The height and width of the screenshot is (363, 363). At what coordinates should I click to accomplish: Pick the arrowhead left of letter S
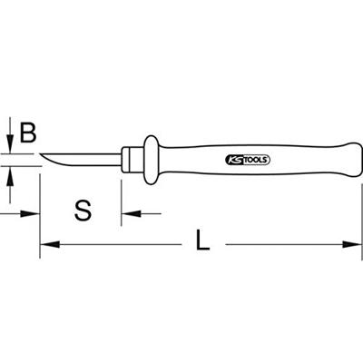[35, 215]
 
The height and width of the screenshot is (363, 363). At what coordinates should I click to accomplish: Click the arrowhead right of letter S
[128, 215]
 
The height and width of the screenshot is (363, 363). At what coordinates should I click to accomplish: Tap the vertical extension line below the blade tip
[41, 204]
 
